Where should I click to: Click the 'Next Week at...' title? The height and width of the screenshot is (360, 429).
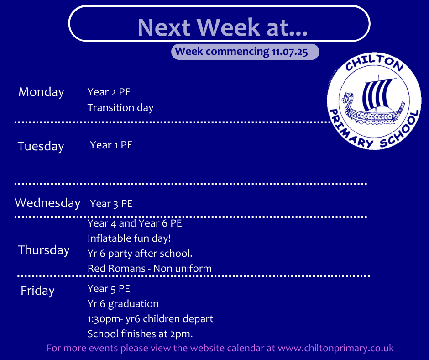coord(222,27)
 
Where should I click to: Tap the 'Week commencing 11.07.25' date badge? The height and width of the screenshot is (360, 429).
coord(245,52)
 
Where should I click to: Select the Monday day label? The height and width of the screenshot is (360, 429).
coord(42,92)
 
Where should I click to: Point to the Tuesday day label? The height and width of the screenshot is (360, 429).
coord(41,146)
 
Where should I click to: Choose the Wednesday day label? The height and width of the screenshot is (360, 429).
coord(47,203)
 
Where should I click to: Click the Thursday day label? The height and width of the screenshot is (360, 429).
coord(44,250)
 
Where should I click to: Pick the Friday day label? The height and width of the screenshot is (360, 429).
coord(37,291)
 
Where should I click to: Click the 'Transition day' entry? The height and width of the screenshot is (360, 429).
coord(120,108)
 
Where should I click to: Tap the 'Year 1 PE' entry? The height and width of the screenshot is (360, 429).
coord(111,145)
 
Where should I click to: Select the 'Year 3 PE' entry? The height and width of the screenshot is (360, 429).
coord(111,204)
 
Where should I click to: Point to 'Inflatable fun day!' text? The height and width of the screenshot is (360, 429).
coord(129,238)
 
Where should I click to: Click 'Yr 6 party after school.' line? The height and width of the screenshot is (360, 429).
coord(140,254)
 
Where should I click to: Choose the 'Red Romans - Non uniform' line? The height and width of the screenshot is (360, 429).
coord(150,269)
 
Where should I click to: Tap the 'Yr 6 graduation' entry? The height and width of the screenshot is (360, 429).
coord(123,304)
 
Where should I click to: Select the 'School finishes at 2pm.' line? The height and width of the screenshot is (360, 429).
coord(140,334)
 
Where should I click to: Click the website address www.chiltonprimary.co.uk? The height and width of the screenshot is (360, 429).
coord(336,348)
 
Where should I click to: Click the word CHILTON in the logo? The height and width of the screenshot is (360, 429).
coord(374,63)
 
